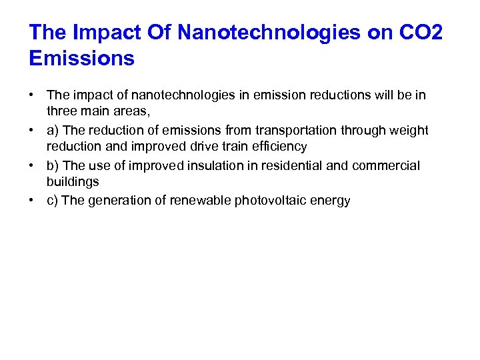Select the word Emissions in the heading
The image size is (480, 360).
[x=81, y=59]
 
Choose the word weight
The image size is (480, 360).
[x=407, y=129]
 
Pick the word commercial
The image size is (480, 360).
[x=389, y=165]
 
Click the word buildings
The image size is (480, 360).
[x=73, y=182]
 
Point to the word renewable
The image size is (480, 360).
[x=200, y=200]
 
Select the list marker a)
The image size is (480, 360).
[x=52, y=129]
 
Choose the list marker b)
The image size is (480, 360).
[x=52, y=165]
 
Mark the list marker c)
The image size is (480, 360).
[x=52, y=200]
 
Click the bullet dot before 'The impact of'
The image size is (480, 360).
[x=33, y=95]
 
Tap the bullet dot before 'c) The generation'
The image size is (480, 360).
[x=33, y=200]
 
